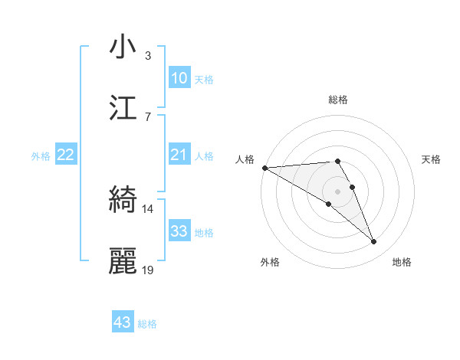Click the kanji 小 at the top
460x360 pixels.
tap(123, 47)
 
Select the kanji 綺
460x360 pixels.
tap(123, 201)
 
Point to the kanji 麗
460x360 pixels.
tap(123, 261)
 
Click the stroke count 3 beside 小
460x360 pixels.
tap(148, 56)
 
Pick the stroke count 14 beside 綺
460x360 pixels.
tap(148, 209)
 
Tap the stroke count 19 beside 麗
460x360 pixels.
tap(148, 270)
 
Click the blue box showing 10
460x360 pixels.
tap(179, 78)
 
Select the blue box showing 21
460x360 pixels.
tap(179, 155)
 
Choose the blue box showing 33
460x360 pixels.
tap(179, 231)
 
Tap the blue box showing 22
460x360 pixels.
tap(66, 155)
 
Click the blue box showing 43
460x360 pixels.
tap(123, 322)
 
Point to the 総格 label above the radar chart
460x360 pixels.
tap(338, 100)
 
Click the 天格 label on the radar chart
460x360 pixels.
tap(432, 159)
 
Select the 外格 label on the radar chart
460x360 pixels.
tap(269, 262)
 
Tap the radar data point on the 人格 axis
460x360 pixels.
tap(264, 167)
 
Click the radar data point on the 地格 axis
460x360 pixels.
tap(374, 242)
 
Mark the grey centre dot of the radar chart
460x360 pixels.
tap(338, 191)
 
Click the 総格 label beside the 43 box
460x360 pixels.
tap(147, 324)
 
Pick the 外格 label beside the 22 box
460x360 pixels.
tap(41, 155)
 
